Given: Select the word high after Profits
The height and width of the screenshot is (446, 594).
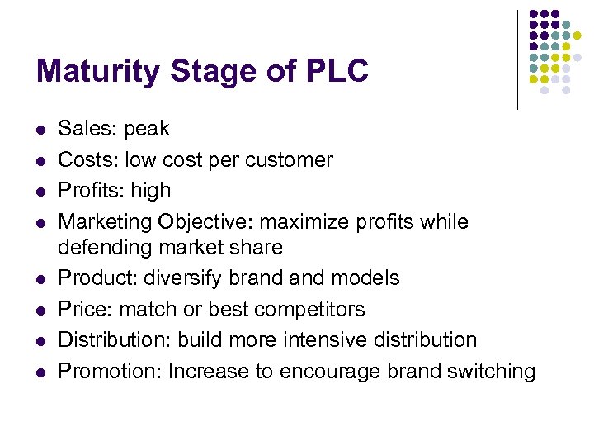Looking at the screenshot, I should pyautogui.click(x=149, y=191).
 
